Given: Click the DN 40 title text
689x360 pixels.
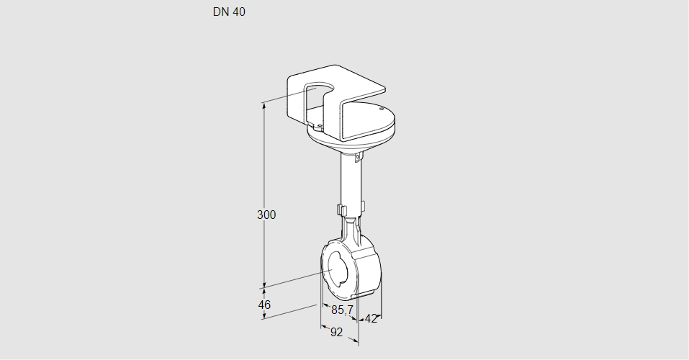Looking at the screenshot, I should click(229, 12).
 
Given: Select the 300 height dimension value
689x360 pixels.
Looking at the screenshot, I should click(266, 215).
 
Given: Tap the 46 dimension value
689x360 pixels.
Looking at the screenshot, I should click(264, 305).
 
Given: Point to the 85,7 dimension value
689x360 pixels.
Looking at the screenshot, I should click(342, 310).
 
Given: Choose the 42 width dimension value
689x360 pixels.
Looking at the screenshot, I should click(371, 318).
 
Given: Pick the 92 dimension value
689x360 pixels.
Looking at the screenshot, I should click(336, 332).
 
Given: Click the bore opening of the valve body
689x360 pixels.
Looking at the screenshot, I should click(336, 272).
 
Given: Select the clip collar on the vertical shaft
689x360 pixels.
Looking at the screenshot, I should click(351, 210).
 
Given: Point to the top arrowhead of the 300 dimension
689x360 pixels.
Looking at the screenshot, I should click(264, 106).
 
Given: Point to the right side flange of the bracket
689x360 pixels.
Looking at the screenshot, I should click(364, 119).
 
